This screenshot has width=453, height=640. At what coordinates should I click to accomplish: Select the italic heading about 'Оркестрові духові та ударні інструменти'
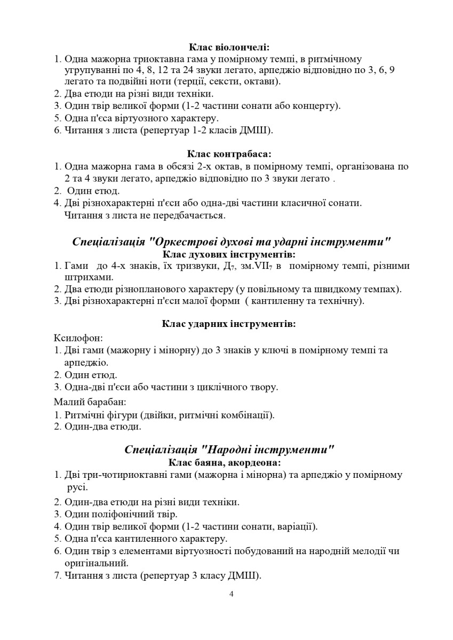pyautogui.click(x=232, y=242)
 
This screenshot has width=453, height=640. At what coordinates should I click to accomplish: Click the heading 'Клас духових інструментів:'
pyautogui.click(x=229, y=254)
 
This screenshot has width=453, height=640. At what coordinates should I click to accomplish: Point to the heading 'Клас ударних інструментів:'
pyautogui.click(x=229, y=324)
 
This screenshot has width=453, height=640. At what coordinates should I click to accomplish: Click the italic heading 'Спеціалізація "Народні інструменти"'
pyautogui.click(x=229, y=449)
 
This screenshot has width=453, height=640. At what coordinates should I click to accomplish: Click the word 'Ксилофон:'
pyautogui.click(x=78, y=338)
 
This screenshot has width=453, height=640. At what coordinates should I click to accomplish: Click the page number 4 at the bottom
pyautogui.click(x=231, y=594)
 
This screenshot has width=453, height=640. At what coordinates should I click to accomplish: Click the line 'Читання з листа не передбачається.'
pyautogui.click(x=145, y=216)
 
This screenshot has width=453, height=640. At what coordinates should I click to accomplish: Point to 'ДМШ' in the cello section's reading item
pyautogui.click(x=258, y=131)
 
